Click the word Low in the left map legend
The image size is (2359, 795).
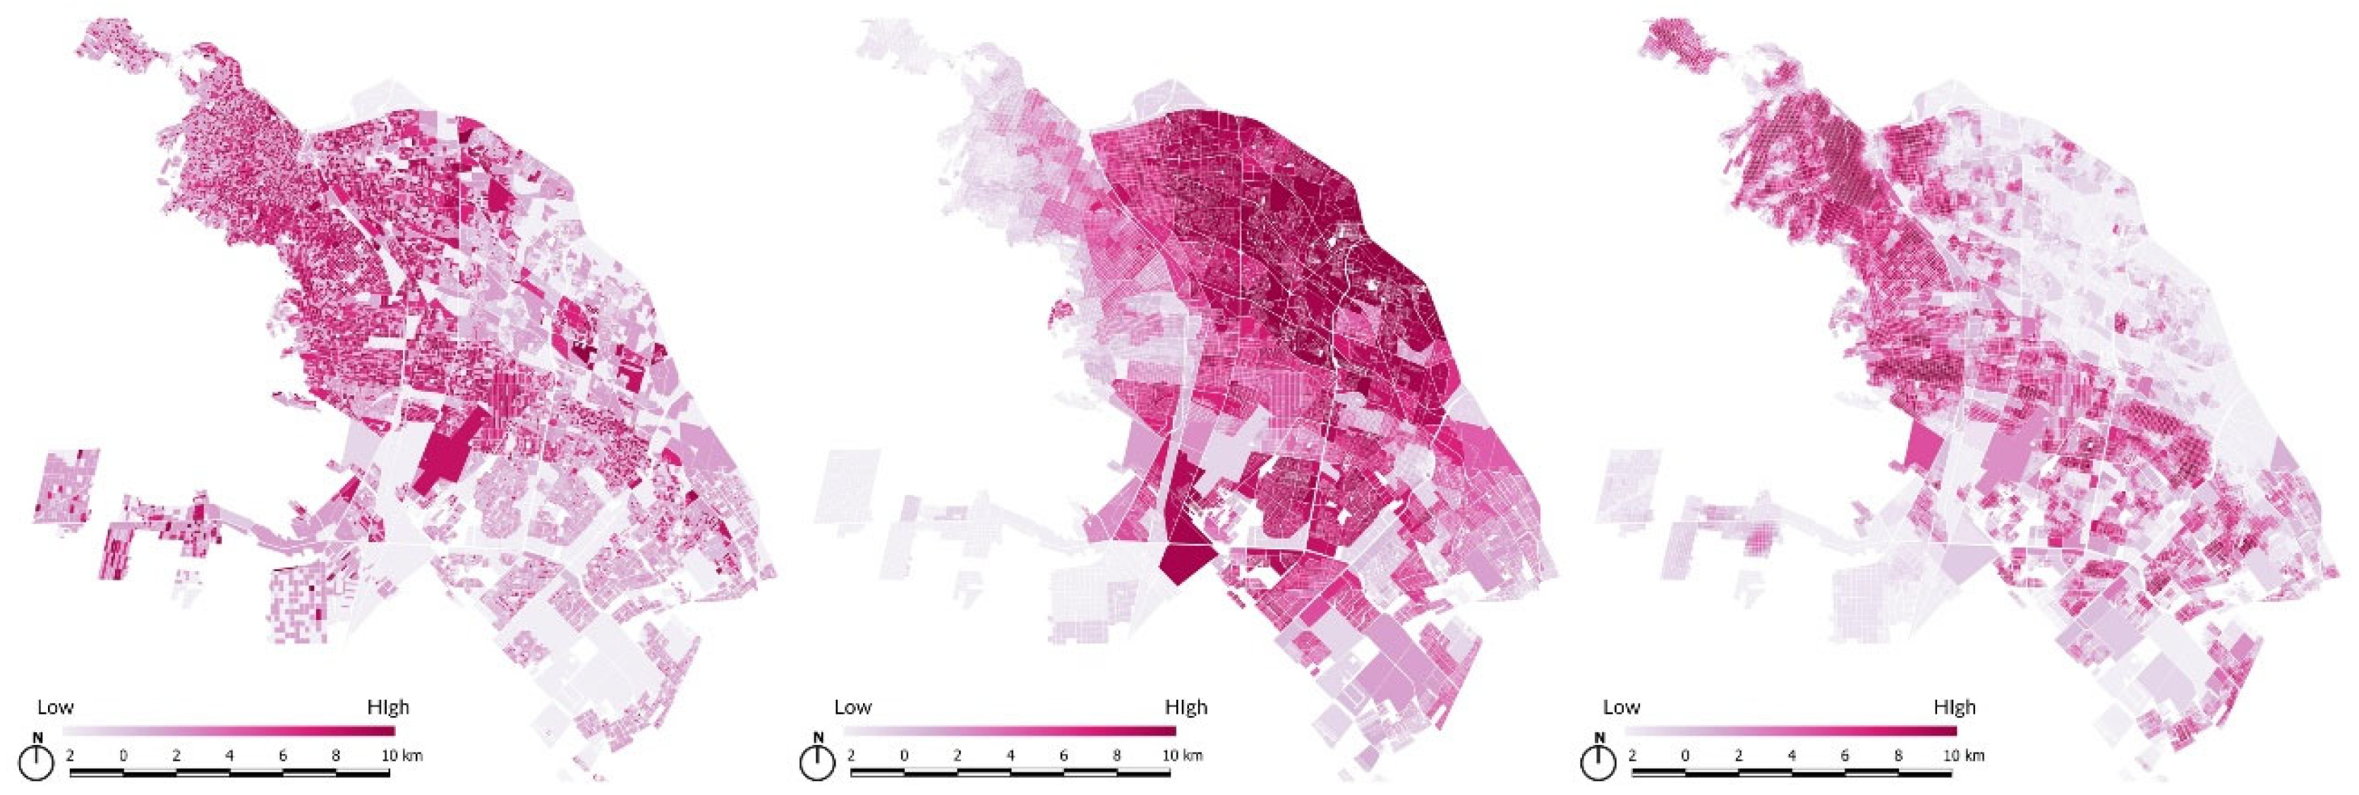55,707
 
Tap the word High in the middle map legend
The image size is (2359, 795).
1186,707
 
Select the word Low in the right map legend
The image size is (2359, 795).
1621,707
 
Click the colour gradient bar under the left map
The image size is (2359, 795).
229,731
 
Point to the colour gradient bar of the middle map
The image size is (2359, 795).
1009,731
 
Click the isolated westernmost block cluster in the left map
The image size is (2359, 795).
65,486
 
